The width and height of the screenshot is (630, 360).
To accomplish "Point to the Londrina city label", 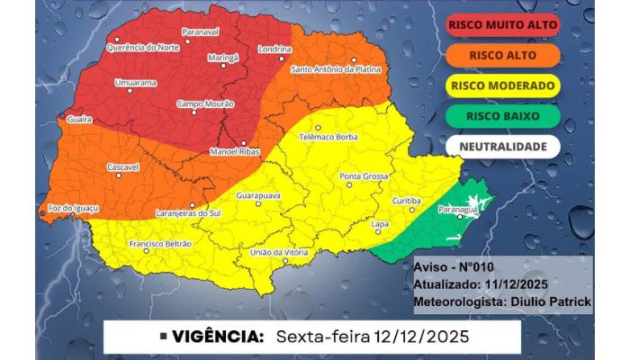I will point(273,49).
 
